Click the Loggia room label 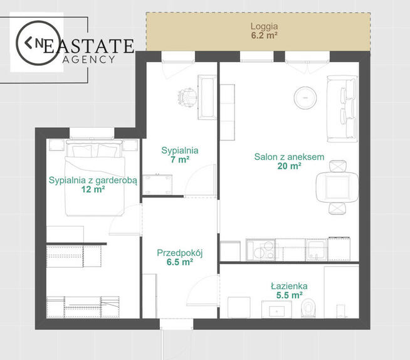264,27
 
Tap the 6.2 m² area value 264,35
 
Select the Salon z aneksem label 289,157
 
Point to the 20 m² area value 289,166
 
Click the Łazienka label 289,286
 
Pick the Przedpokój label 180,253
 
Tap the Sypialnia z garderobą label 93,180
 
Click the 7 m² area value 180,159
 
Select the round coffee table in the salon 305,97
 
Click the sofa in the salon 342,109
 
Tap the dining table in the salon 337,187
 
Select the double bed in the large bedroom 94,178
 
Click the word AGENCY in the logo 89,60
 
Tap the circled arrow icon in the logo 38,43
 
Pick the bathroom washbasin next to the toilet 276,310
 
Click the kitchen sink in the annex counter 317,250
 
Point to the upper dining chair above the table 339,166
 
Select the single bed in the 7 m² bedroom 207,97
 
